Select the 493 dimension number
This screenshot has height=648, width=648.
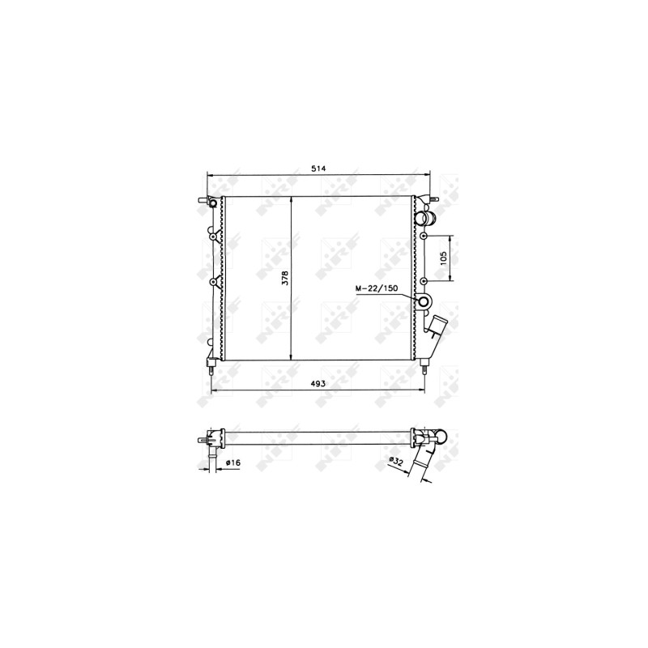click(x=318, y=383)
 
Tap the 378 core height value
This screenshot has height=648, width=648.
click(x=286, y=278)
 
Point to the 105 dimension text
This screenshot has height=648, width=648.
click(x=444, y=258)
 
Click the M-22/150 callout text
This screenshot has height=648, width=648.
click(x=377, y=288)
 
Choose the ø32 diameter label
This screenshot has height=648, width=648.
click(x=396, y=463)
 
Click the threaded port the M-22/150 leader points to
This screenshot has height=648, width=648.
click(x=424, y=301)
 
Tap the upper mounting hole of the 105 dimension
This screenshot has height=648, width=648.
click(x=423, y=236)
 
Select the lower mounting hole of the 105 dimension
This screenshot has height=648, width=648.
click(x=423, y=281)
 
